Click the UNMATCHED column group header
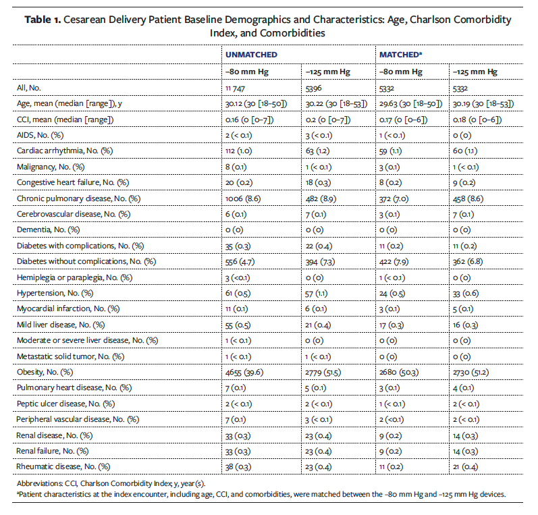click(251, 54)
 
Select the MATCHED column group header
click(401, 54)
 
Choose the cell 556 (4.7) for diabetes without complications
click(241, 261)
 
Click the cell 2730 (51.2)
click(471, 373)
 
